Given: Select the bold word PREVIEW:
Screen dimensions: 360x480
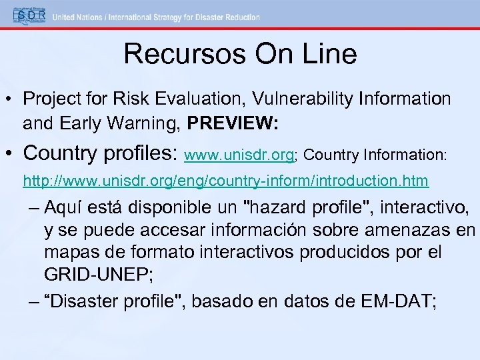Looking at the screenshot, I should [x=233, y=123].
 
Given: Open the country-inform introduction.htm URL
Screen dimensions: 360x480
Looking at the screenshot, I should [x=225, y=181].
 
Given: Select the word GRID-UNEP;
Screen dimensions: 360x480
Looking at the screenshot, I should [x=95, y=275].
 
